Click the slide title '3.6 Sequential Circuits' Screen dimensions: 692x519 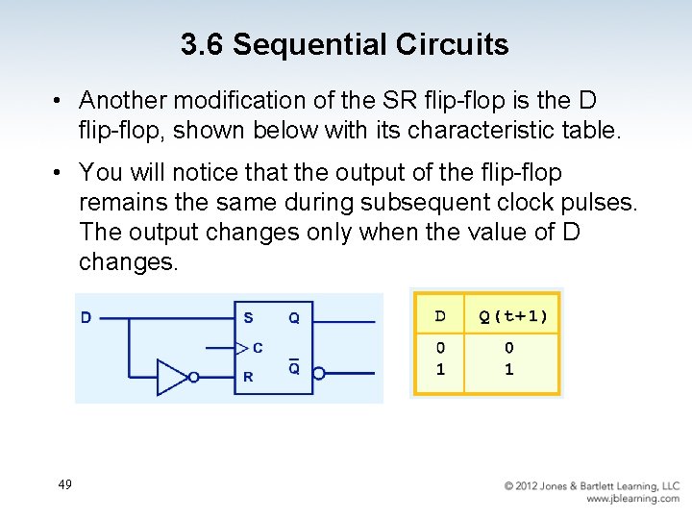tap(344, 44)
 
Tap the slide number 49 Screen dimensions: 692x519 tap(64, 484)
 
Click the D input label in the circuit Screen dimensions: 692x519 tap(86, 317)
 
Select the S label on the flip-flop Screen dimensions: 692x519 tap(248, 317)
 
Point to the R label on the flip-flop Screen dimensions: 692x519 tap(248, 377)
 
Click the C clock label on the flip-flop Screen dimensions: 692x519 tap(258, 347)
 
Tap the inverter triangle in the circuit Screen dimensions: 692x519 tap(173, 377)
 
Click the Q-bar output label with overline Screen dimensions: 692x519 tap(294, 367)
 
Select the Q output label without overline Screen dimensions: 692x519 tap(294, 318)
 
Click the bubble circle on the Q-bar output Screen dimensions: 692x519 tap(319, 374)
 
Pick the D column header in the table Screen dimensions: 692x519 tap(440, 316)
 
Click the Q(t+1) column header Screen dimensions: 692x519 tap(513, 316)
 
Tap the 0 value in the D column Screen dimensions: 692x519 tap(440, 348)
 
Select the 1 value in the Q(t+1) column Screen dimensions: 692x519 tap(509, 369)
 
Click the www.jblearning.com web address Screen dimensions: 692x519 tap(632, 499)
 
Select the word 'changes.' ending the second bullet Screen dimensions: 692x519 tap(129, 261)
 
